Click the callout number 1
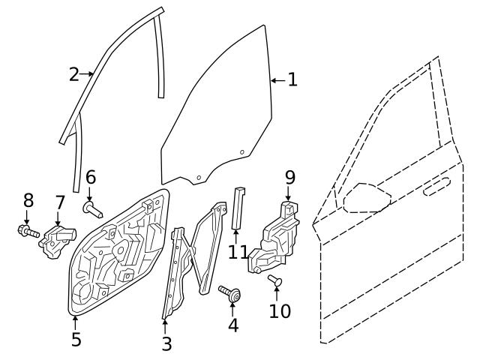click(x=292, y=79)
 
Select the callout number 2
click(x=73, y=74)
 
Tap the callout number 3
click(x=166, y=344)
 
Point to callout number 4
click(x=232, y=325)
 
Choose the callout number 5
click(x=76, y=339)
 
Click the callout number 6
click(x=91, y=178)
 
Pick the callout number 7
click(x=60, y=202)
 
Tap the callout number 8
click(x=28, y=200)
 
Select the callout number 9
click(x=289, y=178)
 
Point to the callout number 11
click(x=238, y=252)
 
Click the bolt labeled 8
click(x=27, y=230)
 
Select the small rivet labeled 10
click(x=274, y=280)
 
